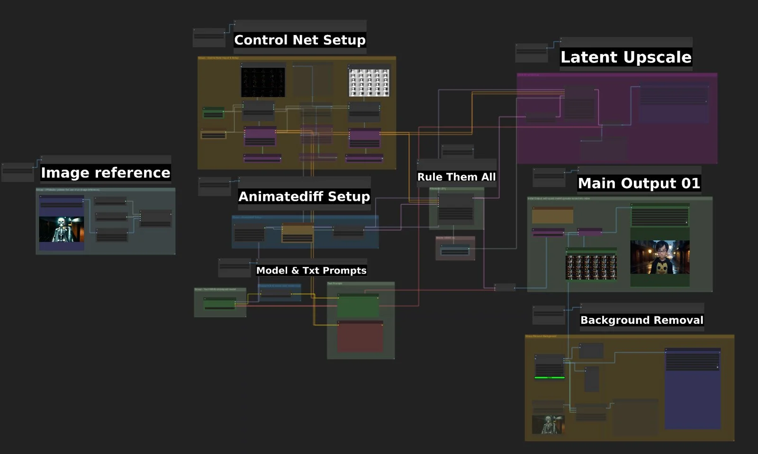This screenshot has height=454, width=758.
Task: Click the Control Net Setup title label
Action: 300,40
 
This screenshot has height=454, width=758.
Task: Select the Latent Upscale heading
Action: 626,57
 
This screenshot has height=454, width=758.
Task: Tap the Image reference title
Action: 105,173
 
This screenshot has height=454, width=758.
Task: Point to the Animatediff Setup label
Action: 304,196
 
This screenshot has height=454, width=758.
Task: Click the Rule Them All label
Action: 456,177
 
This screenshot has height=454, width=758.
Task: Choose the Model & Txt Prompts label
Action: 311,270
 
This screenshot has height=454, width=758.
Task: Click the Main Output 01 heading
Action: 639,183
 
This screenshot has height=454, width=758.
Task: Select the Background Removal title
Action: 642,320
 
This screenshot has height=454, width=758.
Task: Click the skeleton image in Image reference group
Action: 62,229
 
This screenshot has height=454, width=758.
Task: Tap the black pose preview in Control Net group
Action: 263,82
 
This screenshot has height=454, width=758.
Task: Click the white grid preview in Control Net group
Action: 369,83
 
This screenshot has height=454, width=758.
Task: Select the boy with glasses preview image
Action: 659,257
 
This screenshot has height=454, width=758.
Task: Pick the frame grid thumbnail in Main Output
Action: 591,267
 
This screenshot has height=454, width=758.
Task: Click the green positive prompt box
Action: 358,307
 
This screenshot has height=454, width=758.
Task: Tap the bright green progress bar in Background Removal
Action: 550,378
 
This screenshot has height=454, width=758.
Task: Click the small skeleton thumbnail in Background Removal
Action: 548,424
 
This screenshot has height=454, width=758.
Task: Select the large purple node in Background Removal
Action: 693,391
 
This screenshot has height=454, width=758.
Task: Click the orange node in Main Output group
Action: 552,215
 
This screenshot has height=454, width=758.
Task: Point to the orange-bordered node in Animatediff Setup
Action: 298,233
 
